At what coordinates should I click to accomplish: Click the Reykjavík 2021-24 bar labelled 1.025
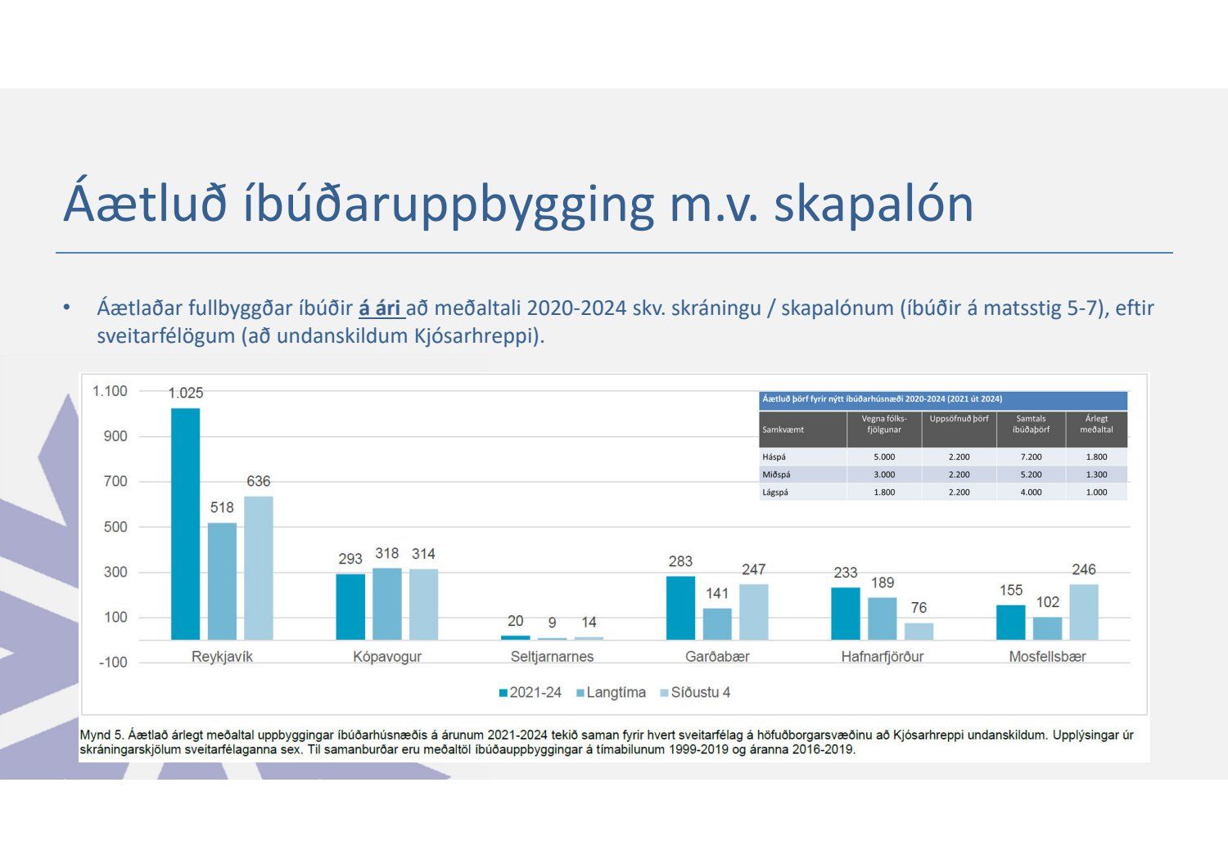(x=185, y=524)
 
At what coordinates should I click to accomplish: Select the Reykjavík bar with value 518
(x=222, y=581)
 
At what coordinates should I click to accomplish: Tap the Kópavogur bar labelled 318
(x=387, y=604)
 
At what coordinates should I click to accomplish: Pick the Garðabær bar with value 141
(x=717, y=623)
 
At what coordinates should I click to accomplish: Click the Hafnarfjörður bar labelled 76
(x=919, y=631)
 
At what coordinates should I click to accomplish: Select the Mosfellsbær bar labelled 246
(x=1084, y=612)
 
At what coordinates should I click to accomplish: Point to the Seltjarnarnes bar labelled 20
(x=515, y=637)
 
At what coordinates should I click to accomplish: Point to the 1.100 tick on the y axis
(x=110, y=391)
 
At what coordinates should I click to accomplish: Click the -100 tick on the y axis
(x=113, y=662)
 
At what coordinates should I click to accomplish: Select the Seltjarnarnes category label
(x=552, y=656)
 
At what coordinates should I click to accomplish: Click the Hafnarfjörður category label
(x=882, y=656)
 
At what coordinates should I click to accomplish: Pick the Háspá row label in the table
(x=774, y=456)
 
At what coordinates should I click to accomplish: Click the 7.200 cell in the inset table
(x=1031, y=456)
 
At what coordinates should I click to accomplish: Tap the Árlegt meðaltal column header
(x=1096, y=424)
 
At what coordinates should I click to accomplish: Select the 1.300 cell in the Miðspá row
(x=1096, y=474)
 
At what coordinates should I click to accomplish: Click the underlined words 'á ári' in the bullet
(x=381, y=308)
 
